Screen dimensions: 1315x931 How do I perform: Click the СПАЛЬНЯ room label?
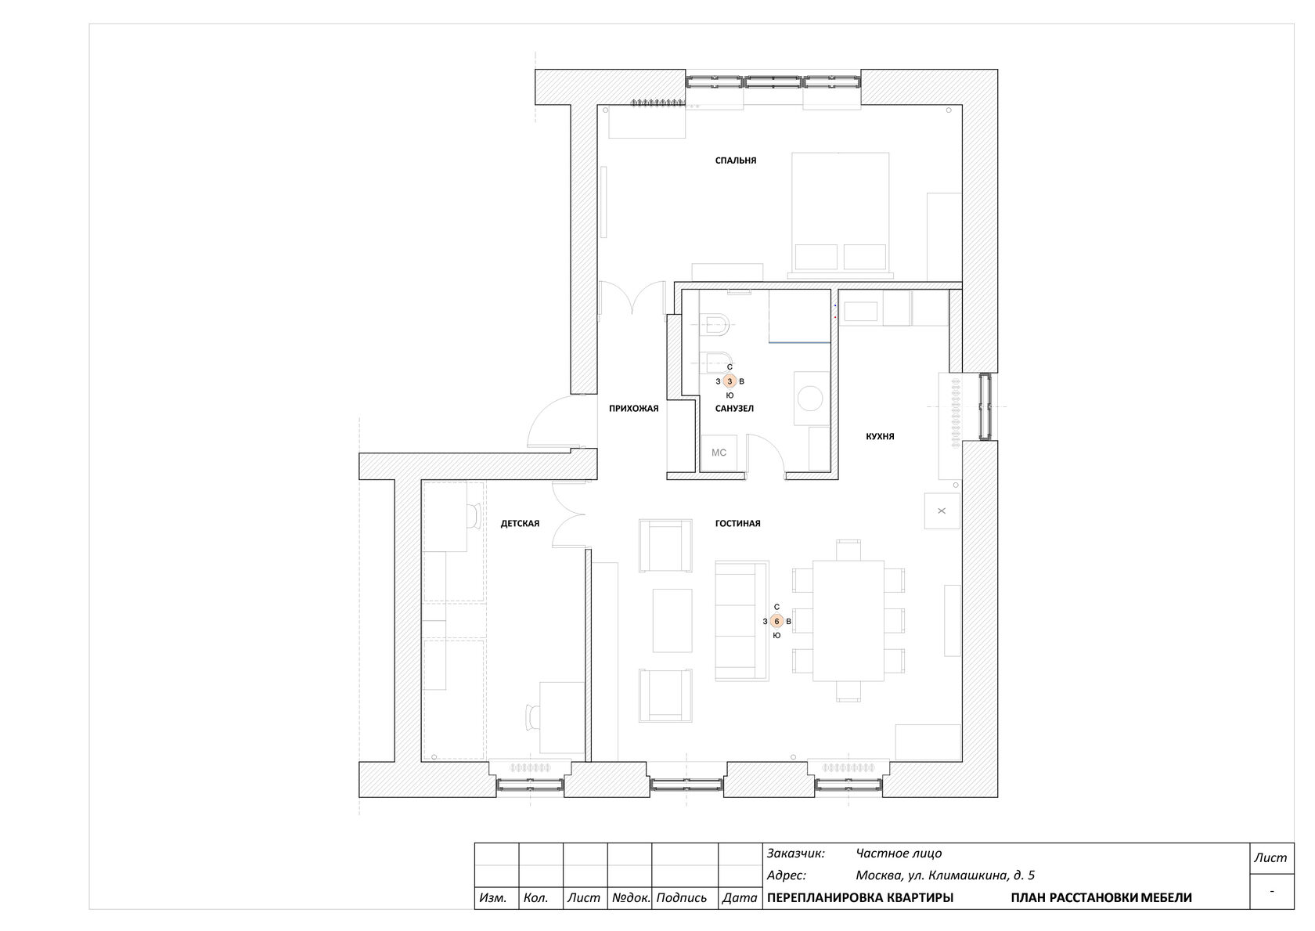(736, 161)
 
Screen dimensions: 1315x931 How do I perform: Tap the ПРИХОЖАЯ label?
(633, 408)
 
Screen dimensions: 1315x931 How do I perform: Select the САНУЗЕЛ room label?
(734, 408)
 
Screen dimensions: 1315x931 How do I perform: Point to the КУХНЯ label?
(880, 436)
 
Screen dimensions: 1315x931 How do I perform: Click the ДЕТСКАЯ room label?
(520, 523)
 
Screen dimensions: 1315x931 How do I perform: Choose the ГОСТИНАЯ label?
(738, 523)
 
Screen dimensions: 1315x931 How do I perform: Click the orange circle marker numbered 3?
(730, 381)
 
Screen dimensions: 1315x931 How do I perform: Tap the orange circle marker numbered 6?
(776, 621)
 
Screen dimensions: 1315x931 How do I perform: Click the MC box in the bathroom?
(719, 453)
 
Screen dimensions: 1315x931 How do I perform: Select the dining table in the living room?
(848, 621)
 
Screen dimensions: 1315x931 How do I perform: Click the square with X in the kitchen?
(942, 511)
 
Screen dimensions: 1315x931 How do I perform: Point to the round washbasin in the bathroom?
(811, 399)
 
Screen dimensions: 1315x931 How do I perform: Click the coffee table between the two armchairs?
(673, 621)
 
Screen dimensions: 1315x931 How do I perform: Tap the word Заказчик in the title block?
(795, 853)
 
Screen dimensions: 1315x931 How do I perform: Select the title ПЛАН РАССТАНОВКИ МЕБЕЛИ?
(1101, 897)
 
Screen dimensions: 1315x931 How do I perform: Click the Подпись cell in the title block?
(682, 897)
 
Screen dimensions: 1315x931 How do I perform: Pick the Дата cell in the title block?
(740, 897)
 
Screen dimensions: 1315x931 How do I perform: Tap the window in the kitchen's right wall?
(985, 406)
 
